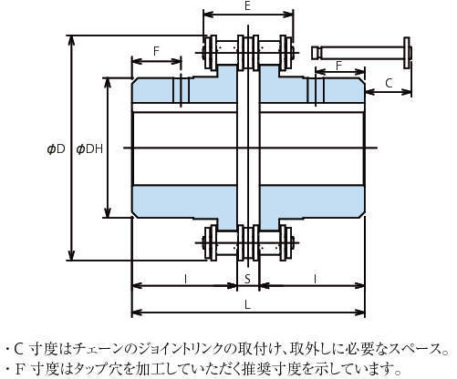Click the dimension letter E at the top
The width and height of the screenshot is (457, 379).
[247, 6]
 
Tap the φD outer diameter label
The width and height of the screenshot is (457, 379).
[57, 149]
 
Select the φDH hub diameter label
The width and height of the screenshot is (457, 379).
[89, 149]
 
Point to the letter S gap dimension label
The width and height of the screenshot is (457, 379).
[247, 278]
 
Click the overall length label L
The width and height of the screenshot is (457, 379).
[247, 305]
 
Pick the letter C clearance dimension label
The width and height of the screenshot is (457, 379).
[389, 83]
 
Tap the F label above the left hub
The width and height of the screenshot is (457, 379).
[156, 51]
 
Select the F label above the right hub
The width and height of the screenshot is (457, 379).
[339, 66]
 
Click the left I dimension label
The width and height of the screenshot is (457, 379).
[185, 278]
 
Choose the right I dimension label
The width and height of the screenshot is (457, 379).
[315, 278]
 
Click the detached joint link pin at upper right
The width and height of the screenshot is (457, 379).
[361, 53]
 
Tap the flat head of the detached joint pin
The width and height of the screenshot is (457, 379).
[407, 53]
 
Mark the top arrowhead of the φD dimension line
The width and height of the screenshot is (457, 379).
[71, 40]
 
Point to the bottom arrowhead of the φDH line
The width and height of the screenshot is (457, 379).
[108, 212]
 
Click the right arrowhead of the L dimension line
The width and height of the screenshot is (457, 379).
[359, 312]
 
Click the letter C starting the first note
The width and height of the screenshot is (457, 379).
[19, 350]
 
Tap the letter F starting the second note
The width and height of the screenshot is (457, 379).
[19, 369]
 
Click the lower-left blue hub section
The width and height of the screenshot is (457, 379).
[184, 201]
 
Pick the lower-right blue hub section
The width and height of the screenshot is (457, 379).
[312, 201]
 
